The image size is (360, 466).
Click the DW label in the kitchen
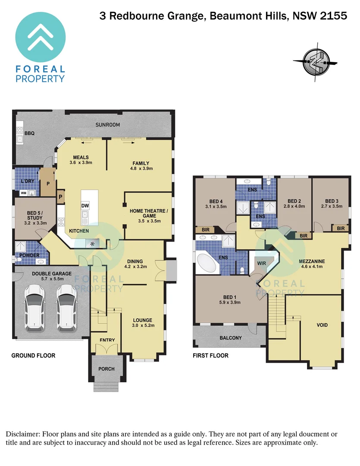tap(85, 205)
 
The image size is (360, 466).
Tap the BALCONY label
tap(231, 338)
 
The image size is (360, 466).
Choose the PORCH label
tap(106, 368)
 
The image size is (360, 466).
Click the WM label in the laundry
tap(23, 193)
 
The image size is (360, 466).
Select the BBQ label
tap(29, 133)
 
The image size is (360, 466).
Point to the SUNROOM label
tap(108, 125)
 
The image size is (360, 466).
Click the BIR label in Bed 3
tap(341, 228)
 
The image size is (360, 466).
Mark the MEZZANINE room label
tap(311, 261)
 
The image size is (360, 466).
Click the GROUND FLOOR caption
tap(33, 356)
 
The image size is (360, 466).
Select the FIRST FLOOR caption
tap(211, 356)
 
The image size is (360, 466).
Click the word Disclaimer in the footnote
tap(22, 434)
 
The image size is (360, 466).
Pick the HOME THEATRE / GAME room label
tap(149, 214)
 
